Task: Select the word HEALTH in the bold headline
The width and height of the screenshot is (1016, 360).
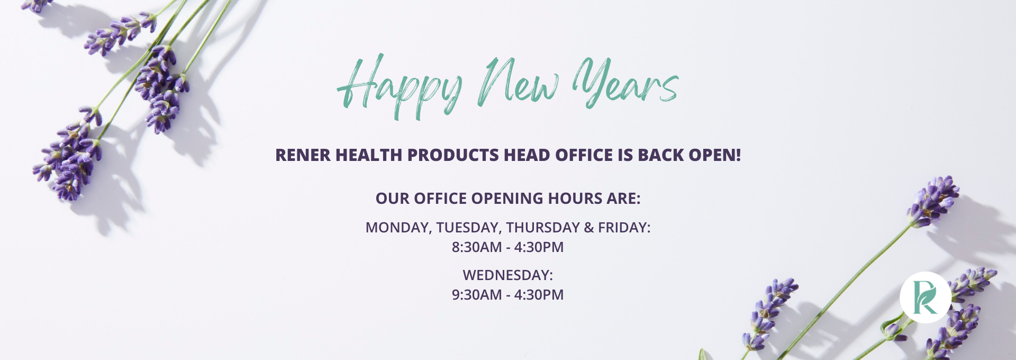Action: [x=369, y=155]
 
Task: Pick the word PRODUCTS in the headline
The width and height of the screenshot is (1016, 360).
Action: [x=453, y=155]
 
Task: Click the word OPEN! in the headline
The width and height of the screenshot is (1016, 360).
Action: [x=715, y=155]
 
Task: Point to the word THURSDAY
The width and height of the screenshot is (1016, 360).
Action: [x=543, y=228]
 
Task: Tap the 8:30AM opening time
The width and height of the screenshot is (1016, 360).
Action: [x=477, y=247]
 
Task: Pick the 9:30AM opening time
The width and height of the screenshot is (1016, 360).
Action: [x=477, y=295]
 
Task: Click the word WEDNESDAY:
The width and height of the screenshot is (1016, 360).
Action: [x=508, y=275]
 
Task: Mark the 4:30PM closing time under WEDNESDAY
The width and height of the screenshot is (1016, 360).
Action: [x=539, y=295]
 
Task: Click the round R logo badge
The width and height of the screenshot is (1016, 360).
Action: [x=925, y=298]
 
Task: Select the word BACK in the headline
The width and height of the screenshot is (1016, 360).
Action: [x=661, y=155]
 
